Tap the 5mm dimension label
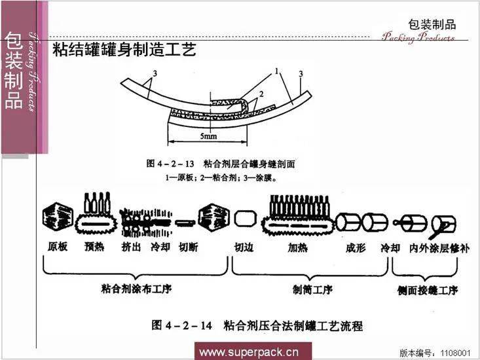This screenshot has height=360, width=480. (209, 136)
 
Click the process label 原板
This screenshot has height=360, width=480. (58, 248)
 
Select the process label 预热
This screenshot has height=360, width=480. (94, 248)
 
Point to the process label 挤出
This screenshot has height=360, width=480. (131, 248)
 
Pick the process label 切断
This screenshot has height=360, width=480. (189, 248)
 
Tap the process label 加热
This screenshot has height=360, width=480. (299, 248)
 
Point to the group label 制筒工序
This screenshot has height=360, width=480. (312, 289)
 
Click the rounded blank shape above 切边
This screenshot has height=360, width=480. (244, 219)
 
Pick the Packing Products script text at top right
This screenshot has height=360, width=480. (418, 37)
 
